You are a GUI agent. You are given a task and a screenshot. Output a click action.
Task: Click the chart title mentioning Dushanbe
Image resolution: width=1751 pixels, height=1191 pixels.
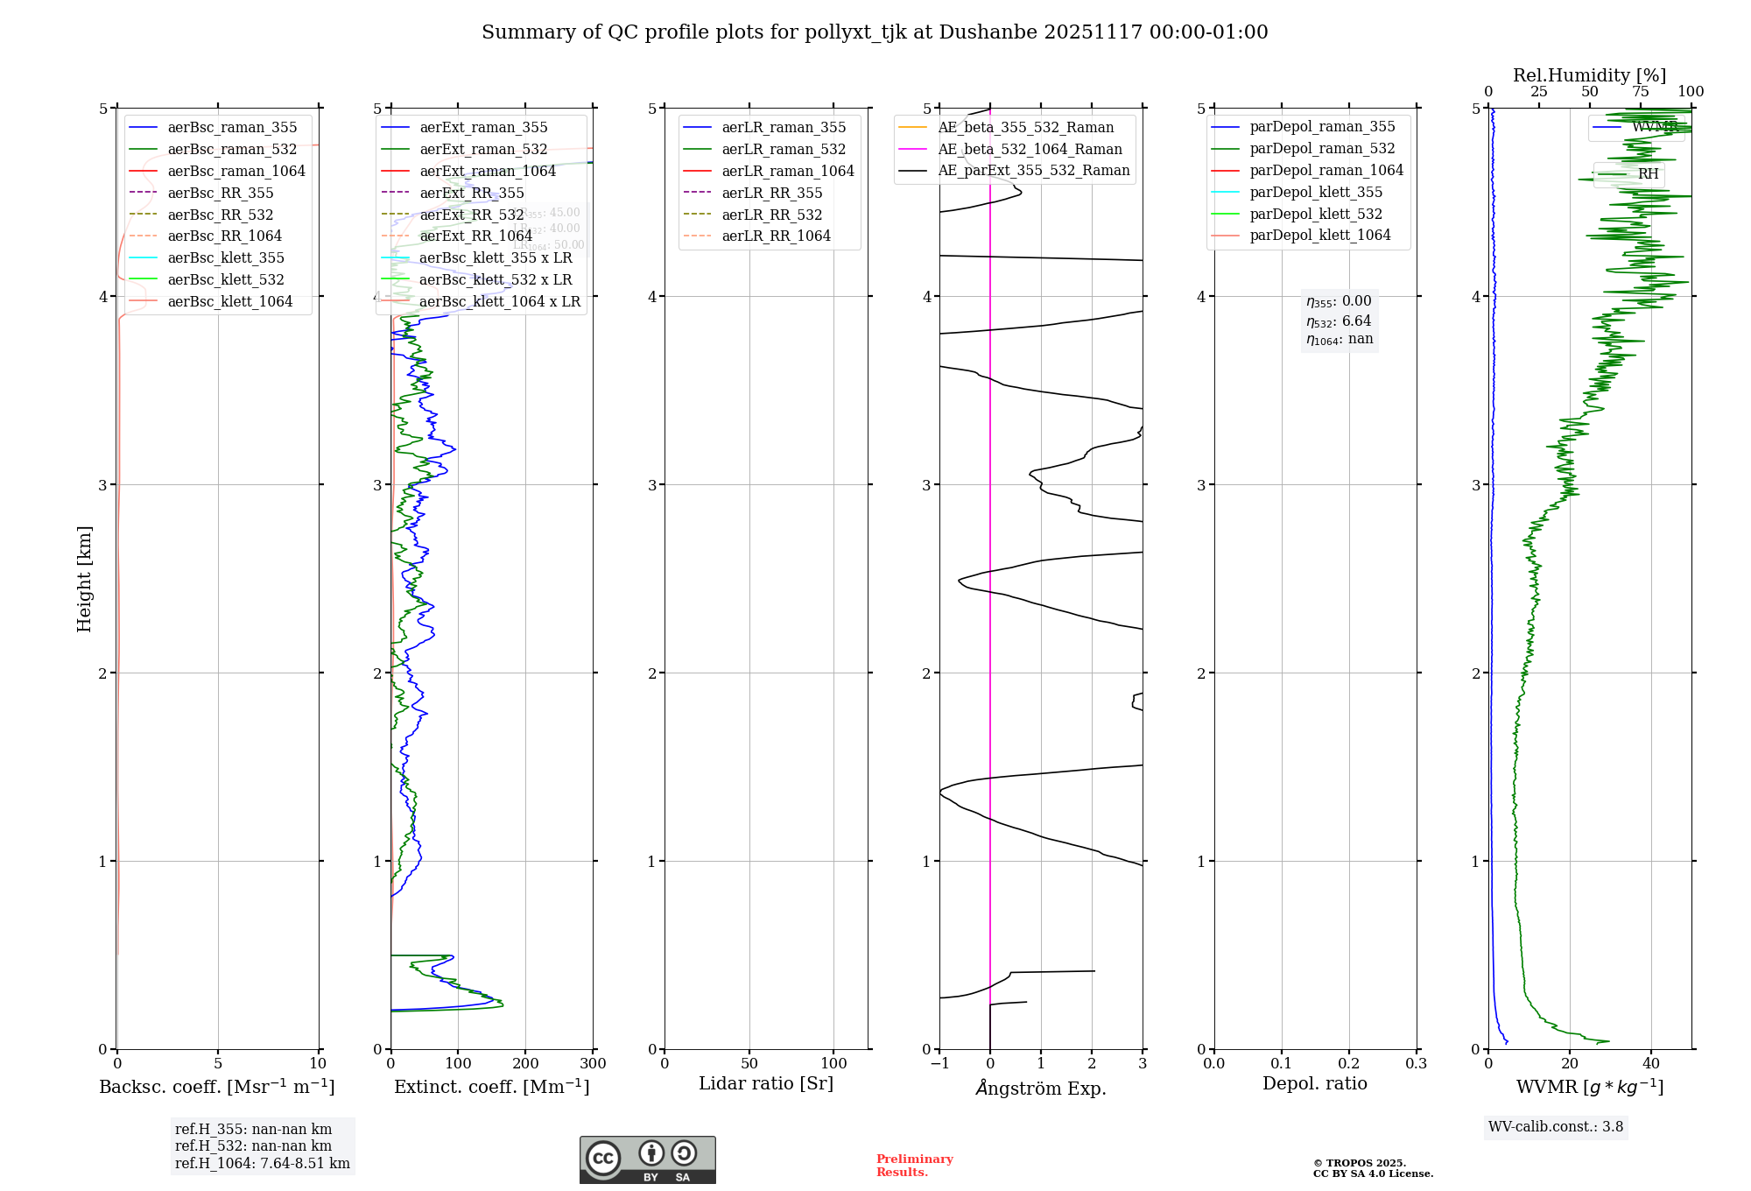(x=875, y=32)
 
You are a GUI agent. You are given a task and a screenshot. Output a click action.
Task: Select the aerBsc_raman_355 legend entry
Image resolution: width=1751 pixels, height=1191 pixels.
(x=232, y=128)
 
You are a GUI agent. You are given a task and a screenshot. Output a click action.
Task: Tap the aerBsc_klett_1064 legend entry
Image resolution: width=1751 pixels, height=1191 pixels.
(x=229, y=302)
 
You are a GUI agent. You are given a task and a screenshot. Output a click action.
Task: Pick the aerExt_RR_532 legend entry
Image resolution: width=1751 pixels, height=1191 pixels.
(x=471, y=215)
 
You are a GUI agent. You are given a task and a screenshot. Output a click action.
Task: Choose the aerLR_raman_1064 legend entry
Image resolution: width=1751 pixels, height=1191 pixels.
(x=787, y=172)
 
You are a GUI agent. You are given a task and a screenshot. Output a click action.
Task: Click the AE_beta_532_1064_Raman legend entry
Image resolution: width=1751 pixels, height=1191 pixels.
(x=1030, y=150)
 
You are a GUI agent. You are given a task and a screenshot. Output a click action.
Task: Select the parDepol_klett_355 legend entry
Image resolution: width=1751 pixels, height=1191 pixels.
(x=1316, y=193)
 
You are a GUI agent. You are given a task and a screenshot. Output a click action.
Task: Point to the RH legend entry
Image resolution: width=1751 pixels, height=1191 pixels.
(x=1648, y=174)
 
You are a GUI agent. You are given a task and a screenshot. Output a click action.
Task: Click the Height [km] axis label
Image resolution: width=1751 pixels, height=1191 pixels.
(x=84, y=579)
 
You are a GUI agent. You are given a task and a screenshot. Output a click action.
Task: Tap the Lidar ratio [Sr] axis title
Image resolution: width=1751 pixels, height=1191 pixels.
(x=766, y=1084)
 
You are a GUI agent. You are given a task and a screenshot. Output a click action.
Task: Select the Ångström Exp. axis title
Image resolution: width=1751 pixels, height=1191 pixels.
(x=1041, y=1089)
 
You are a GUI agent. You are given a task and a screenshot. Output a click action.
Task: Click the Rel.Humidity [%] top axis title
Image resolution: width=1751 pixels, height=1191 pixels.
(x=1589, y=76)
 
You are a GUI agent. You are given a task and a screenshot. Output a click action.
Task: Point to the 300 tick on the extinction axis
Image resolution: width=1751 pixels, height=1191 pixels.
(x=593, y=1064)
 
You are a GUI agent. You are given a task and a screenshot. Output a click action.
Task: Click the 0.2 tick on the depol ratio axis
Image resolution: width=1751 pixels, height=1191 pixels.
(x=1349, y=1064)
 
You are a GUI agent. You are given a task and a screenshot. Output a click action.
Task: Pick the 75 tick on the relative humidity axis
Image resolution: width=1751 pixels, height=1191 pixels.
(x=1641, y=92)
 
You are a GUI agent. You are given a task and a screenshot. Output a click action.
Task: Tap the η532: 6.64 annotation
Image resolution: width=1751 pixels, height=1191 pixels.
(x=1339, y=321)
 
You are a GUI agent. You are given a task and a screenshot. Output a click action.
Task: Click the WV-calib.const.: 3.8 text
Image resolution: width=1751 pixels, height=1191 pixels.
(x=1556, y=1127)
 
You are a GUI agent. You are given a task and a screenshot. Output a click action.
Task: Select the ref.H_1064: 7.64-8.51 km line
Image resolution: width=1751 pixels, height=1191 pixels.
(x=262, y=1164)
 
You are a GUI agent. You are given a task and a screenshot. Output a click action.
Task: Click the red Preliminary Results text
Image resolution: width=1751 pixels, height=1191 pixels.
(x=914, y=1166)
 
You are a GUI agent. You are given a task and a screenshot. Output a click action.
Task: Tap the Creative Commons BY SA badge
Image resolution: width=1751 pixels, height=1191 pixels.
(x=647, y=1160)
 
